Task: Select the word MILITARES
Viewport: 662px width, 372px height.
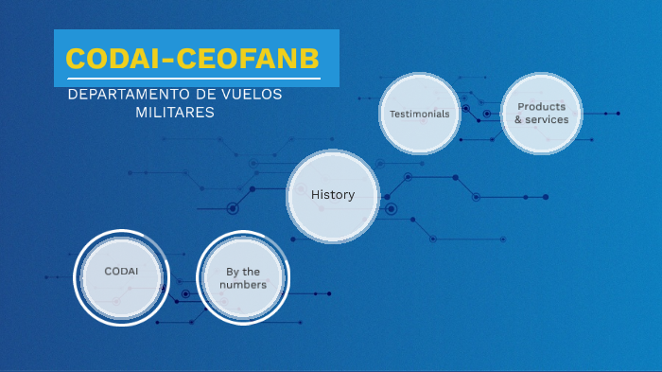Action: tap(175, 112)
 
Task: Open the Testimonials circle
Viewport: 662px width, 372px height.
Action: tap(420, 114)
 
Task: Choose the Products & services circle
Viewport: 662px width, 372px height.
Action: tap(541, 114)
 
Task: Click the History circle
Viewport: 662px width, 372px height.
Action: tap(333, 196)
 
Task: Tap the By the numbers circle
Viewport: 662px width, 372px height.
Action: tap(243, 277)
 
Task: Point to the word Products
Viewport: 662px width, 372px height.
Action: tap(541, 107)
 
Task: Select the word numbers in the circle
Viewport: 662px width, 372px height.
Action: tap(243, 284)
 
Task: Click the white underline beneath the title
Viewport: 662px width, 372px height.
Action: tap(193, 79)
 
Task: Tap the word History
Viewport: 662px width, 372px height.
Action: tap(333, 195)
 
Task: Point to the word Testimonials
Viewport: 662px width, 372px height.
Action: tap(420, 114)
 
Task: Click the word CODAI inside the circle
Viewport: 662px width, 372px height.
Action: tap(121, 272)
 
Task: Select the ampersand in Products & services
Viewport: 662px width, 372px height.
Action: tap(518, 120)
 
